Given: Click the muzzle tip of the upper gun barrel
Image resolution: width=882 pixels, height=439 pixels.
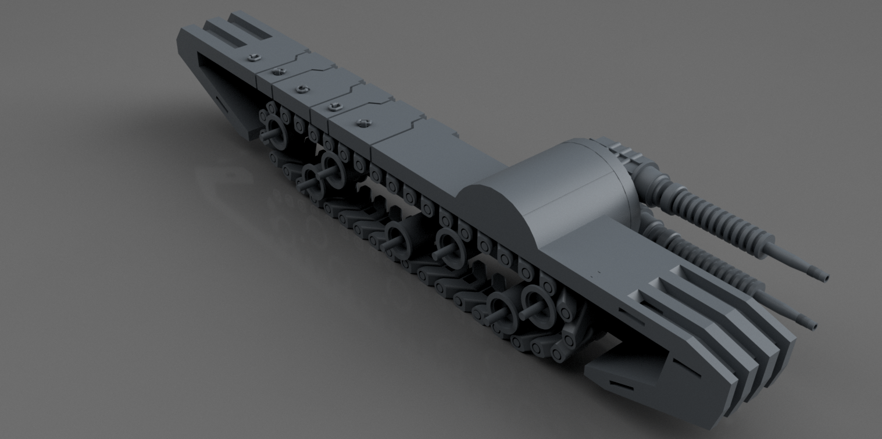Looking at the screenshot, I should tap(824, 277).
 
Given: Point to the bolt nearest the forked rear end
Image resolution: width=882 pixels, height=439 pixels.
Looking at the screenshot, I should tap(252, 57).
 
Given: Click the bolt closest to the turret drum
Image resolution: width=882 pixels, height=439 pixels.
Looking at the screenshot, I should tap(364, 122).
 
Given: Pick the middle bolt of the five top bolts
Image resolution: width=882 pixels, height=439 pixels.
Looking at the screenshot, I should tap(302, 89).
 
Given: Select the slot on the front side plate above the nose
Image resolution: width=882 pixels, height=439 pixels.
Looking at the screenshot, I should tap(628, 317).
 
